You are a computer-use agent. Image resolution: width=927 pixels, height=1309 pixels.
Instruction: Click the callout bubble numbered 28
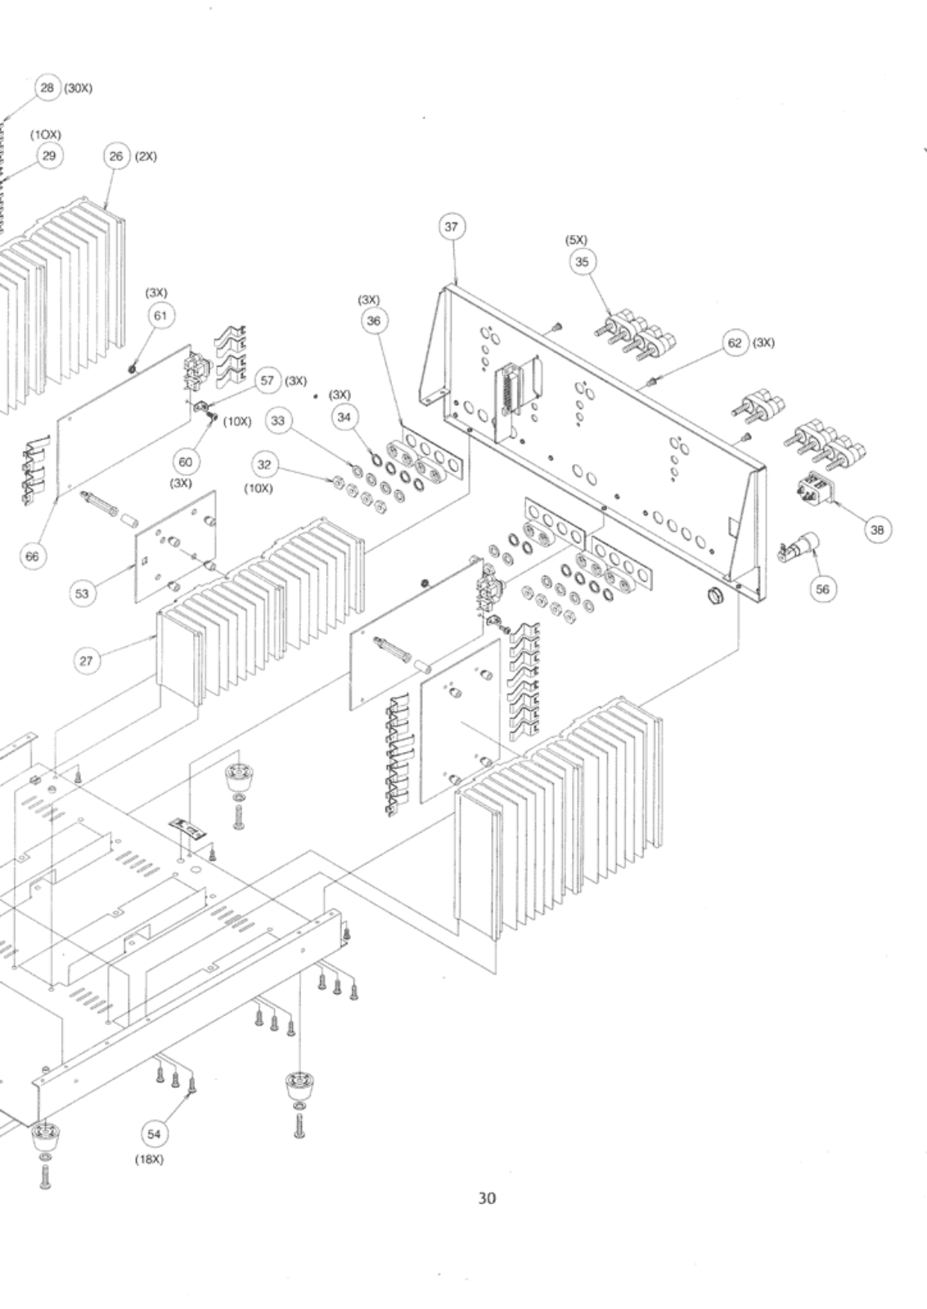pos(47,88)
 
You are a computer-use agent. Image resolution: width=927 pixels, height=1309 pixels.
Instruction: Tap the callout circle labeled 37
pos(452,227)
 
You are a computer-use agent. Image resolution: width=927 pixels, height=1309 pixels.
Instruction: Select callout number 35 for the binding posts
pos(582,262)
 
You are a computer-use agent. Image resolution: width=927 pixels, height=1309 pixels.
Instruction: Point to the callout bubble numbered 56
pos(822,588)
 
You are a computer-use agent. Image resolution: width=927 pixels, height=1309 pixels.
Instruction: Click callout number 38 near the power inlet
pos(877,530)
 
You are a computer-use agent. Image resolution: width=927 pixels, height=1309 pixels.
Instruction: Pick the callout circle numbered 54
pos(154,1134)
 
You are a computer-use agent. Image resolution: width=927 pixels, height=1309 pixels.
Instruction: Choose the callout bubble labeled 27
pos(86,661)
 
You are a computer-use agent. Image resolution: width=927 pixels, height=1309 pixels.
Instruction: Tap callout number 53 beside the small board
pos(82,594)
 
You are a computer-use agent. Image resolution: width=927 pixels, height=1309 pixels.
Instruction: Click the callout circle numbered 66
pos(32,556)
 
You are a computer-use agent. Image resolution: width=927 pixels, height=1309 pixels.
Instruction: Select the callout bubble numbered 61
pos(160,316)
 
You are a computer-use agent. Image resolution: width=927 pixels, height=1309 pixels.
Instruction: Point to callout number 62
pos(735,342)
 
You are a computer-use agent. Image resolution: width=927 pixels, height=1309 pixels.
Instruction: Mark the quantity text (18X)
pos(149,1159)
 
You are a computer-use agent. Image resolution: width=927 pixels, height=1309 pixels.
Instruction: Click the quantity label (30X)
pos(78,88)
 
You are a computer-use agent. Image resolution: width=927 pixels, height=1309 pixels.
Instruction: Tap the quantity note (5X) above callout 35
pos(576,240)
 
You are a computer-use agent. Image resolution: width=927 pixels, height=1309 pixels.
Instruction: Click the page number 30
pos(486,1198)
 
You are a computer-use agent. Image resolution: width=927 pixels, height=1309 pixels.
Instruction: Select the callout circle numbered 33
pos(279,421)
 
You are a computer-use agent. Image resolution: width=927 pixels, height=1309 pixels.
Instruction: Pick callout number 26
pos(116,156)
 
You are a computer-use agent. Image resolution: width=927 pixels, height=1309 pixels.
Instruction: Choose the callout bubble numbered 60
pos(186,461)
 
